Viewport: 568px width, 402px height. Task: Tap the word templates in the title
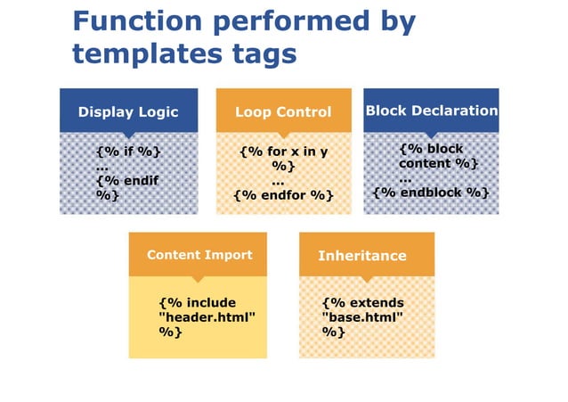140,53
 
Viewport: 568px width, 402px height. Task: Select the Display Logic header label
128,112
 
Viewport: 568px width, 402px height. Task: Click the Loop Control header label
282,112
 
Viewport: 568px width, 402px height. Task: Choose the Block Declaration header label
432,111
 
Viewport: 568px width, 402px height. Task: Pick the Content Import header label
199,255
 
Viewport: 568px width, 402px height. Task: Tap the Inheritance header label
361,256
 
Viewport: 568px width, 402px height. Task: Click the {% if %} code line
128,152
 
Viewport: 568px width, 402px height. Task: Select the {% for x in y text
283,152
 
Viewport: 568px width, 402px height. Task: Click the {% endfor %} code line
283,195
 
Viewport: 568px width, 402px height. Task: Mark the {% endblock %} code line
431,193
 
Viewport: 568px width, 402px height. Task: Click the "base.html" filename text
362,317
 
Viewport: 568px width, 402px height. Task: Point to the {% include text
197,303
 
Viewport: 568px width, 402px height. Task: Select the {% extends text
362,303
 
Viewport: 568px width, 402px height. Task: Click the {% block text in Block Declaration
431,149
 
